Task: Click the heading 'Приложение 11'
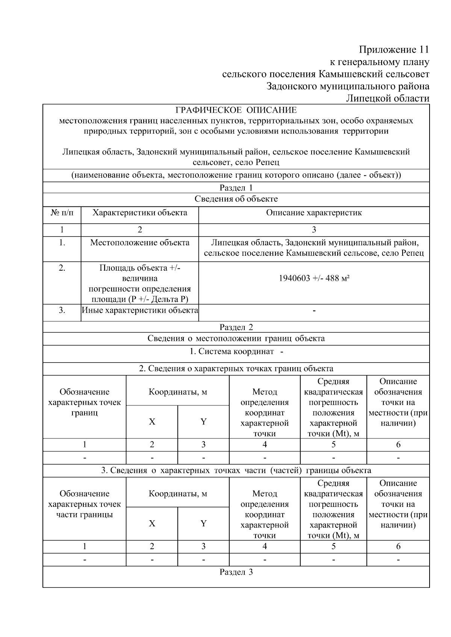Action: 393,50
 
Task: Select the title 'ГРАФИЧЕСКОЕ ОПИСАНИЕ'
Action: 236,110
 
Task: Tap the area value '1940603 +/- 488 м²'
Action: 314,278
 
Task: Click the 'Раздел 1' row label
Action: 236,188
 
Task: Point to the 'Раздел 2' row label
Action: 236,327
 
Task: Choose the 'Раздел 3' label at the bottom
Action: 236,572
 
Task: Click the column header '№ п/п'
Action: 62,213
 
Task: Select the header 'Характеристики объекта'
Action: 140,213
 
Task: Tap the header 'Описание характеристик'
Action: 314,213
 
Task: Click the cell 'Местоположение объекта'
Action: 140,242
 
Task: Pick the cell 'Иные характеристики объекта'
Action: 140,310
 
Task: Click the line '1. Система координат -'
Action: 236,352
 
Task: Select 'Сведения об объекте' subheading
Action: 236,199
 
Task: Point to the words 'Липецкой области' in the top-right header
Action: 387,98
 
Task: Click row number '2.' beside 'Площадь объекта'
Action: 62,268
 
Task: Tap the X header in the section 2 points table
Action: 152,422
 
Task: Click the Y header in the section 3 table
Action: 203,523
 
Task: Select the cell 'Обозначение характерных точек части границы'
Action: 85,504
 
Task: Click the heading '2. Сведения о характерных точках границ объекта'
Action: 236,369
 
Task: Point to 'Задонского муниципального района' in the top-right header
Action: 348,86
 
